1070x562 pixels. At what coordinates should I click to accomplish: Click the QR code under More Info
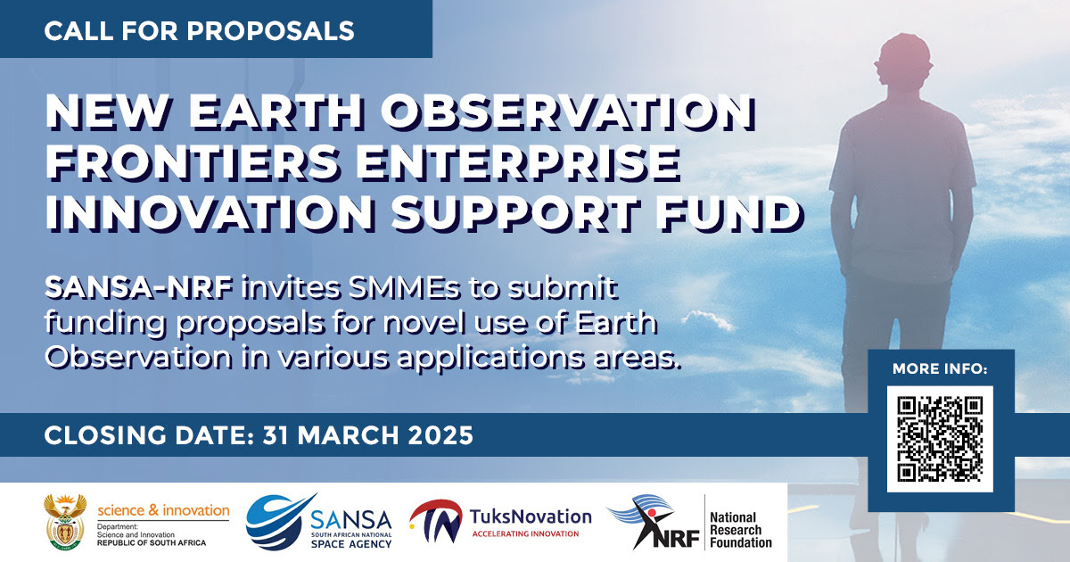click(940, 439)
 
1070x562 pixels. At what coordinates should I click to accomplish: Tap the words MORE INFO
click(940, 369)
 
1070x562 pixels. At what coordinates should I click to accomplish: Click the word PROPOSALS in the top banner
click(270, 31)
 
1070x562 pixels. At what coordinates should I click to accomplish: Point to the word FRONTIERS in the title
click(192, 163)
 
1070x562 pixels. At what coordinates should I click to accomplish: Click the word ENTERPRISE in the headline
click(518, 163)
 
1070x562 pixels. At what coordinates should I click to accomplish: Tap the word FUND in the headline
click(729, 213)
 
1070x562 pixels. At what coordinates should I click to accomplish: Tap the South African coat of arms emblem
click(65, 522)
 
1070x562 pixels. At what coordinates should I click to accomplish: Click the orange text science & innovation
click(163, 510)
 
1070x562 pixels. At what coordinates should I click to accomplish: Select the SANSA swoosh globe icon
click(279, 522)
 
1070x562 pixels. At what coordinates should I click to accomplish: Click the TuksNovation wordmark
click(531, 517)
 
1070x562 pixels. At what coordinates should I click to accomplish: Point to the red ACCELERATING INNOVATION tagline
click(525, 533)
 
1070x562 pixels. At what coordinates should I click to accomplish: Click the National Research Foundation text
click(740, 530)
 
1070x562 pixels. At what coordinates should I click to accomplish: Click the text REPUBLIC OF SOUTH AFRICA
click(152, 543)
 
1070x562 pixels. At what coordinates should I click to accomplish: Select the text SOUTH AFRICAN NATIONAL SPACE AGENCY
click(351, 540)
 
